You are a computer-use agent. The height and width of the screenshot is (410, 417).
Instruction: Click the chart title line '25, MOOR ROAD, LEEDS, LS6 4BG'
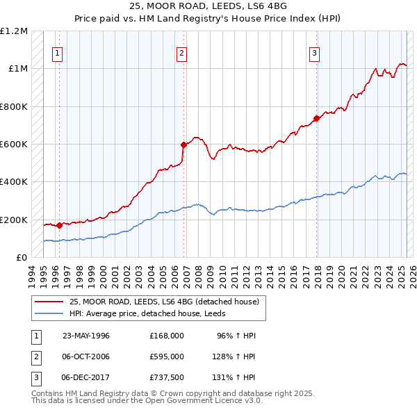[x=208, y=6]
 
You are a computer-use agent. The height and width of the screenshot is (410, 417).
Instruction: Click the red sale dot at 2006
[x=183, y=145]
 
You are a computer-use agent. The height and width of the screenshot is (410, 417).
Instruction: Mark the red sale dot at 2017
[x=317, y=118]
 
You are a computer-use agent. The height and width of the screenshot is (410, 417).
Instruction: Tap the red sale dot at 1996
[x=59, y=225]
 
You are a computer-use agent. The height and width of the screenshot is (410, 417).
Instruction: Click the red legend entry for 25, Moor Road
[x=164, y=302]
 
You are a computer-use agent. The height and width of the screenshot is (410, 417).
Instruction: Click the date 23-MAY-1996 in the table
[x=86, y=336]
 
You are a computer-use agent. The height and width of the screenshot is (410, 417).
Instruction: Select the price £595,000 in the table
[x=167, y=356]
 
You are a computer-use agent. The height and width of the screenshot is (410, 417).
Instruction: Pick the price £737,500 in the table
[x=167, y=377]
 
